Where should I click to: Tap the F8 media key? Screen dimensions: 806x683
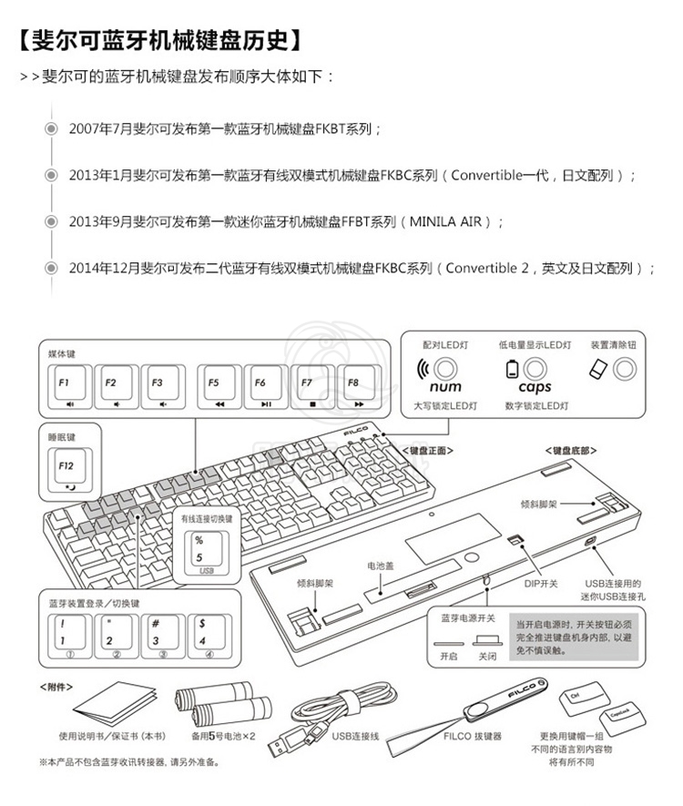[x=360, y=389]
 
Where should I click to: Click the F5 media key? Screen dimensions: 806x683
[x=219, y=389]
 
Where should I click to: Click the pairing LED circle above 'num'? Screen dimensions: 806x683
[x=445, y=369]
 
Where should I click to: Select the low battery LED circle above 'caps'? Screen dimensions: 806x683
[x=535, y=369]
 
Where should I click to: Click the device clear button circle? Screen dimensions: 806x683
[x=625, y=369]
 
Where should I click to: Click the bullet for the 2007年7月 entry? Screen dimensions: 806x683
[x=52, y=129]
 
